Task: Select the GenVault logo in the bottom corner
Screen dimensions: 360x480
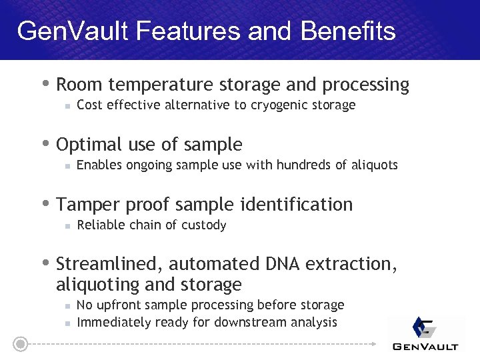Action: click(x=425, y=333)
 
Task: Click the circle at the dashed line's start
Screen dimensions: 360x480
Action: click(x=21, y=344)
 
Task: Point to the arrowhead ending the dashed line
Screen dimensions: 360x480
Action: click(x=373, y=344)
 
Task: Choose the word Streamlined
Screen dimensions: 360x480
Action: click(x=107, y=265)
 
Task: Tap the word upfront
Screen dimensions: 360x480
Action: click(x=119, y=305)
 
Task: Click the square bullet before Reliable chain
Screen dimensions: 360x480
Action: click(x=67, y=226)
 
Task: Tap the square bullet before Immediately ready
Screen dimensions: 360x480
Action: click(x=67, y=323)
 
